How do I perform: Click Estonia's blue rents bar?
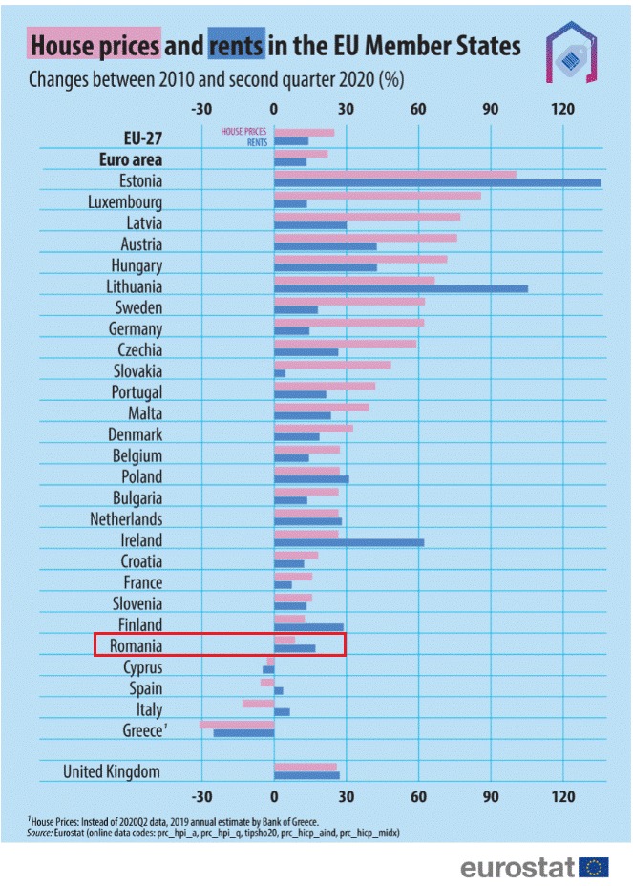click(x=437, y=183)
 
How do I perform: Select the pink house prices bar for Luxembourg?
click(x=377, y=196)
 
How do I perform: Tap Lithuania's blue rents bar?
click(x=400, y=288)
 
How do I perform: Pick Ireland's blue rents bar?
click(x=348, y=542)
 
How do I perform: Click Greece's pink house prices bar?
click(x=237, y=725)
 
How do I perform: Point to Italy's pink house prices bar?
click(x=258, y=704)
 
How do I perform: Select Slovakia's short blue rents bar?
click(x=280, y=373)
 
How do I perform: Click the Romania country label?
click(x=137, y=646)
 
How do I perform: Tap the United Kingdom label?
click(x=112, y=771)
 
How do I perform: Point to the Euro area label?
click(x=131, y=158)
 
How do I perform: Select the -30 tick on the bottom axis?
click(x=201, y=798)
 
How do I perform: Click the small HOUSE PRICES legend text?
click(x=243, y=132)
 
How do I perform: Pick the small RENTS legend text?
click(x=257, y=141)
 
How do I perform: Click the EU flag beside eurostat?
click(x=594, y=867)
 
